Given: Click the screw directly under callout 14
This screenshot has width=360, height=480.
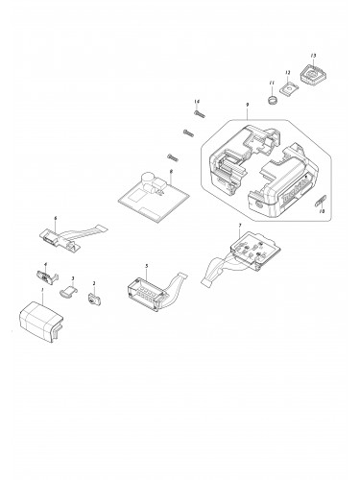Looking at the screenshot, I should point(199,114).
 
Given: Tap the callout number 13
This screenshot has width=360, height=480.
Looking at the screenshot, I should point(313,57).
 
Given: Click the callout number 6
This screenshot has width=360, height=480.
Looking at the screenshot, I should point(55,220).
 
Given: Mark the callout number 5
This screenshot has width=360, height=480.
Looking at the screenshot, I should point(146,264).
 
